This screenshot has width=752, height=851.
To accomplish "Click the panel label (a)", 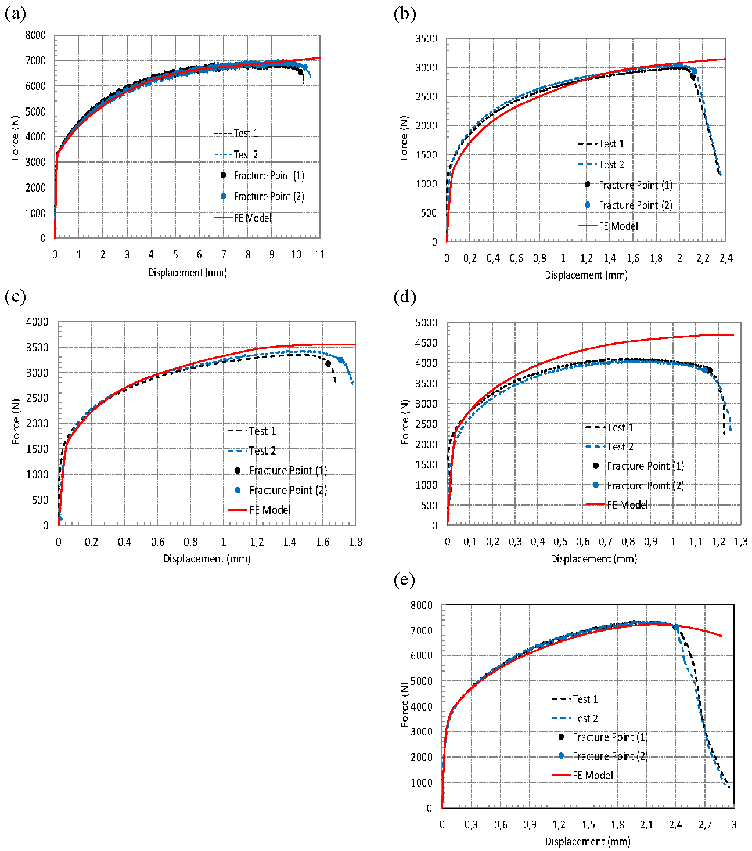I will click(x=15, y=13).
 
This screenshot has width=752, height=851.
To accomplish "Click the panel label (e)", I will click(x=404, y=580).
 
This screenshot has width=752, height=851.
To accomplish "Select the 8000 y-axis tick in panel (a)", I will click(x=35, y=35).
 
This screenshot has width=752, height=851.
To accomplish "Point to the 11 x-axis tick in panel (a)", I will click(x=319, y=255).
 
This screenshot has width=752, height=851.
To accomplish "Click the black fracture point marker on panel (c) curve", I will click(x=328, y=364).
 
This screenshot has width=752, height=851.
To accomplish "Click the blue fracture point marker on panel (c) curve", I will click(x=341, y=360).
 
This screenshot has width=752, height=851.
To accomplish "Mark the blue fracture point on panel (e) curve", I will click(x=676, y=628).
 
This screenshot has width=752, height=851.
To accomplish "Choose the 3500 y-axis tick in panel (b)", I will click(x=426, y=39).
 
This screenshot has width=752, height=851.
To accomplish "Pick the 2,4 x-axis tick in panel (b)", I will click(x=726, y=258).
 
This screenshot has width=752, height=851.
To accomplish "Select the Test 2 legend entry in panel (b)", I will click(x=611, y=164).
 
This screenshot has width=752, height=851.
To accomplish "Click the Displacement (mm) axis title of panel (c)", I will click(x=207, y=558).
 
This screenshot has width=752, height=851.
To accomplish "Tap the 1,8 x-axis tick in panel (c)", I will click(x=355, y=542).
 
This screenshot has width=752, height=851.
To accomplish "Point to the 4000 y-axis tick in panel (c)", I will click(x=37, y=322).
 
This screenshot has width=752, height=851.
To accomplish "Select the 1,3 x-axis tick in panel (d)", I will click(x=741, y=542).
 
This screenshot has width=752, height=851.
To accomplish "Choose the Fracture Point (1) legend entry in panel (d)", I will click(x=645, y=466).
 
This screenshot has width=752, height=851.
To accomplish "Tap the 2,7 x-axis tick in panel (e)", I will click(x=705, y=825).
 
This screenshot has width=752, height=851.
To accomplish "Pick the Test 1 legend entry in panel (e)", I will click(x=585, y=699).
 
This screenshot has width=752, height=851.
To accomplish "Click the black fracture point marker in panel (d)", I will click(x=709, y=370).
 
